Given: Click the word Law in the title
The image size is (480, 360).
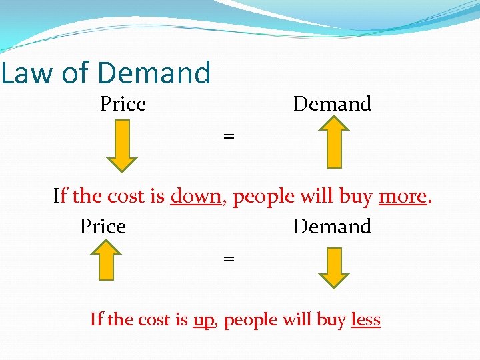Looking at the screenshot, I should coord(27,73).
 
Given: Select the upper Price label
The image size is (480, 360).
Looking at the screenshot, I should coord(123,104).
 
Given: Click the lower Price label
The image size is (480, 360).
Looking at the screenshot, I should coord(103,227).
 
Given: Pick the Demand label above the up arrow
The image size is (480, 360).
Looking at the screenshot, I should coord(332,104).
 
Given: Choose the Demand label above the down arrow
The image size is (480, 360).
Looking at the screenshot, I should coord(332,227).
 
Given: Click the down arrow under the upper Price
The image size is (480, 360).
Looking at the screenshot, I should coord(122,146).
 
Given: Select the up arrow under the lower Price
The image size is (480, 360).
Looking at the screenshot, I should coord(103,259).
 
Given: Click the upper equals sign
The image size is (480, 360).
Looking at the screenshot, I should coord(229,136).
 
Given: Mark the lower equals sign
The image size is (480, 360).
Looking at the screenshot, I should coord(229,258).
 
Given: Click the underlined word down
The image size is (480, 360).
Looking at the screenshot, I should coord(195,197).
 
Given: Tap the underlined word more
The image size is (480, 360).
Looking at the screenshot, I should coord(402,197).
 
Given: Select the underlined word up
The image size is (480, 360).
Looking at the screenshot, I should coord(203,321).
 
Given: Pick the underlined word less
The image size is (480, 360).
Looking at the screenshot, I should coord(365,320).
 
